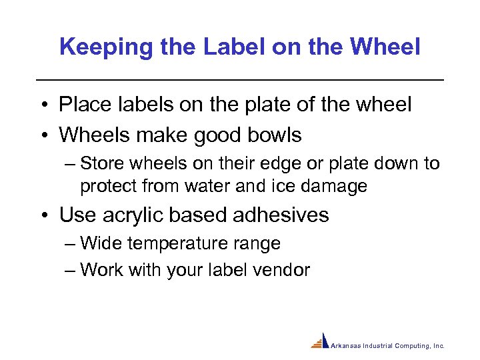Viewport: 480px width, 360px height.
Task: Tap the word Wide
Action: [101, 244]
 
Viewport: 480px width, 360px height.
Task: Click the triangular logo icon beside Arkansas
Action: [321, 341]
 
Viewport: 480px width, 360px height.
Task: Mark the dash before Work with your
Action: [71, 270]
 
